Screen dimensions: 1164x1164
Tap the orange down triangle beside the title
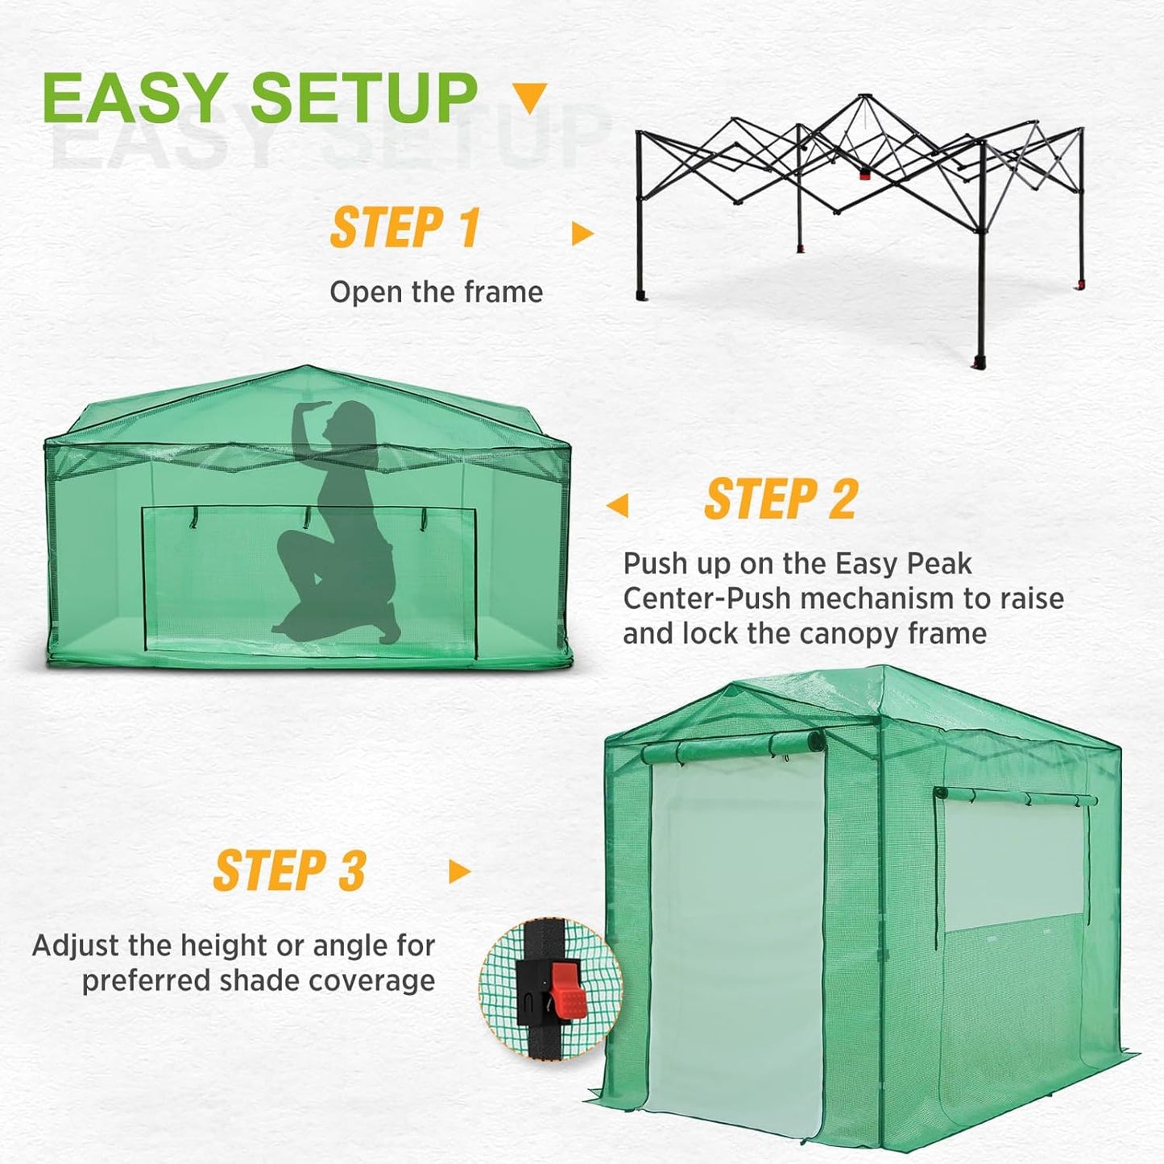coord(529,97)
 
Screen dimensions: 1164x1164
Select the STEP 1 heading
coord(405,228)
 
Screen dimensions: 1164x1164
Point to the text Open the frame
coord(436,292)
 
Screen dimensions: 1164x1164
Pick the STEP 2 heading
coord(781,499)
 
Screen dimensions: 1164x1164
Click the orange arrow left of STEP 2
coord(618,506)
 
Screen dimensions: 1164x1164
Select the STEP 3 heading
coord(289,871)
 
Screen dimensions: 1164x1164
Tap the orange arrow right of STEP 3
coord(458,871)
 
